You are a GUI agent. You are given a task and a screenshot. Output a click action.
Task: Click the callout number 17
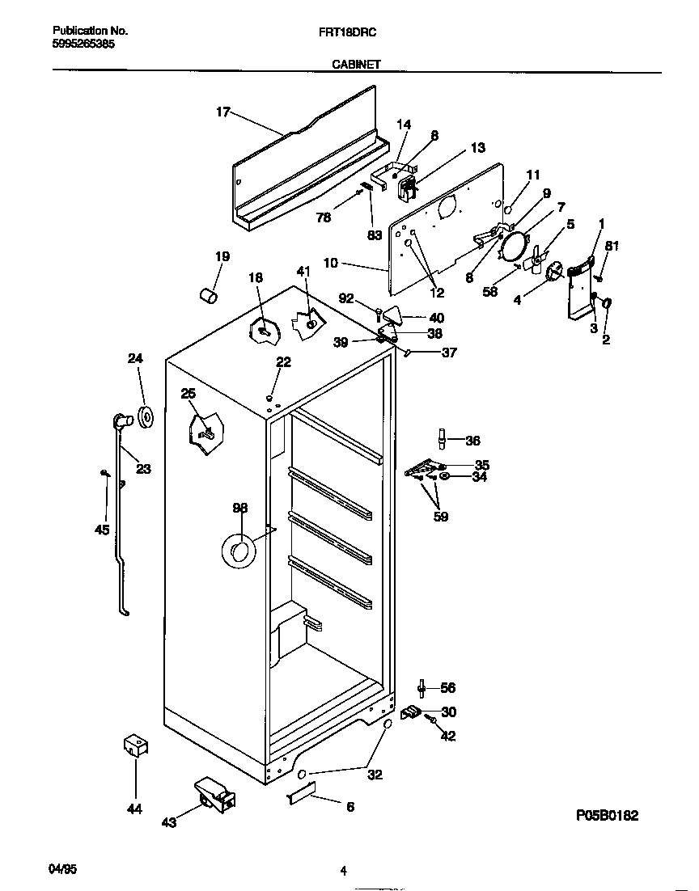222,112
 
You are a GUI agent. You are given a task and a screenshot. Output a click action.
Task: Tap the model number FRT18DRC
354,32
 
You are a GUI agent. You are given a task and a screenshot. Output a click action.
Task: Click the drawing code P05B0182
607,816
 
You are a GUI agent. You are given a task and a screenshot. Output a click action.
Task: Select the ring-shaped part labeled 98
238,551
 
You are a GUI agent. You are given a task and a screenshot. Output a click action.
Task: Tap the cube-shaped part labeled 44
133,745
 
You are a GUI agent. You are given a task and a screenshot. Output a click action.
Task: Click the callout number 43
169,822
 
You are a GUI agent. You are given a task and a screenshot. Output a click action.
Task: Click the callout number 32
375,775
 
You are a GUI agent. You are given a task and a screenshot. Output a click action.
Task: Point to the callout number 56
447,688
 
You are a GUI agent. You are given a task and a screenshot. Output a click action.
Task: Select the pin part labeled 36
442,439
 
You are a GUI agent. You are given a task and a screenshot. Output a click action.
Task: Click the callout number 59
440,516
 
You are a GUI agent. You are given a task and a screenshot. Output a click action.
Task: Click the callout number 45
101,530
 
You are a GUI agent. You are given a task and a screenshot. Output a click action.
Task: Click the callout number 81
612,247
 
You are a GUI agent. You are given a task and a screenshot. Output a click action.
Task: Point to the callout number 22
283,362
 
